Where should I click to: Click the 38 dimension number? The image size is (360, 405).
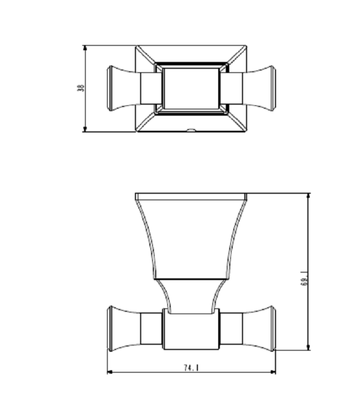(81, 88)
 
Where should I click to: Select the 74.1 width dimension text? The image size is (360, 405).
(192, 367)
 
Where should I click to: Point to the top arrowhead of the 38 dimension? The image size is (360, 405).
(85, 48)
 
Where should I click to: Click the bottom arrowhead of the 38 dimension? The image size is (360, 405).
(85, 129)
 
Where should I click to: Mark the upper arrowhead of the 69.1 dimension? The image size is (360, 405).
(308, 196)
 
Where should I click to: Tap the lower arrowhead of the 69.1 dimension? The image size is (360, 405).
(308, 347)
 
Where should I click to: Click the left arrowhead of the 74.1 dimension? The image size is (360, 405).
(110, 372)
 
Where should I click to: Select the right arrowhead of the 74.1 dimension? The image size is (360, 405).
(273, 372)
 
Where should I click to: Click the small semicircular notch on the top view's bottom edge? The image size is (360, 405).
(191, 130)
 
